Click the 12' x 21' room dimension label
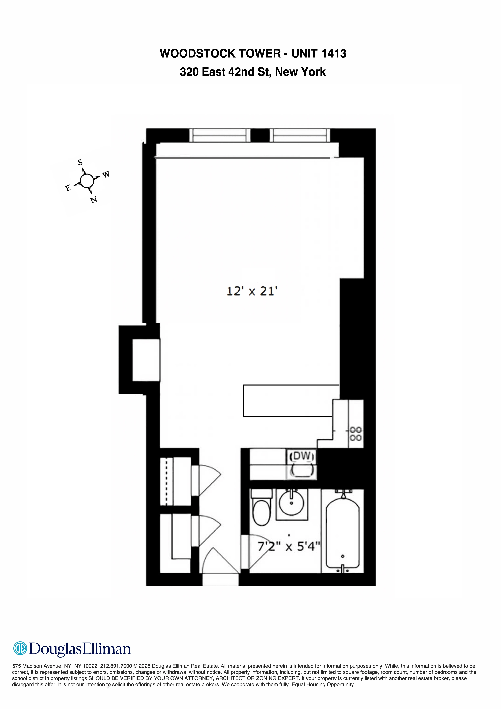(x=252, y=291)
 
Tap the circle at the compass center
(x=87, y=181)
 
